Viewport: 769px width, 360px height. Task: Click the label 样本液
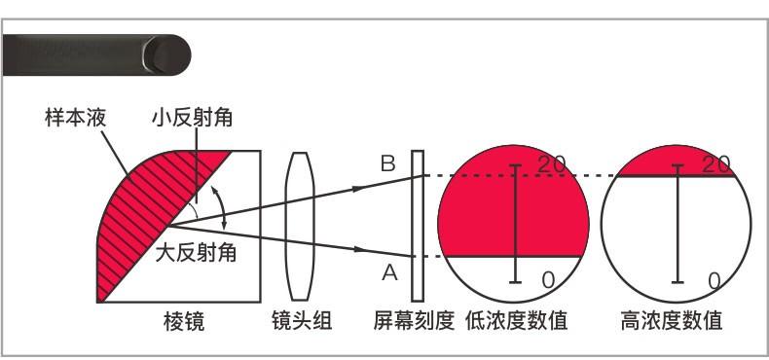point(75,119)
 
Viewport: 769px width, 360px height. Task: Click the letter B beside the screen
point(387,164)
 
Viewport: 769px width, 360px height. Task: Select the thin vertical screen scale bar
point(418,226)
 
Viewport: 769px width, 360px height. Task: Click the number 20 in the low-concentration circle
point(551,165)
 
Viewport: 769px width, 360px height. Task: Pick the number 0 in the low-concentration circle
point(548,280)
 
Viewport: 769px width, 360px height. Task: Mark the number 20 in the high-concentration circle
point(716,165)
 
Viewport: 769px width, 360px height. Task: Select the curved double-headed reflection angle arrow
point(227,212)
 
